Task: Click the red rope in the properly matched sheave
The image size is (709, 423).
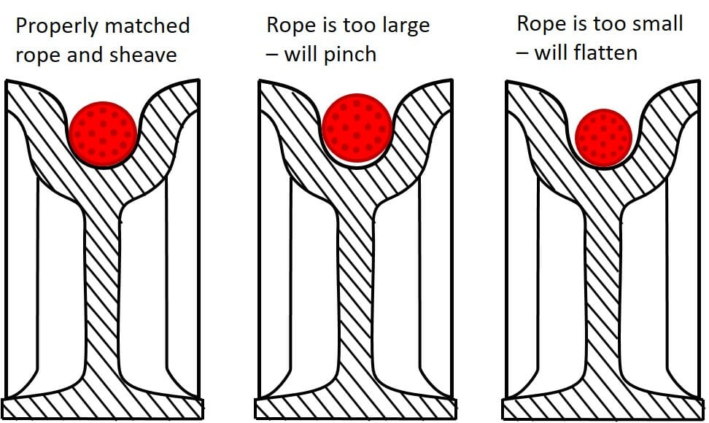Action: point(103,135)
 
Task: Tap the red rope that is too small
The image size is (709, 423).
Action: point(603,137)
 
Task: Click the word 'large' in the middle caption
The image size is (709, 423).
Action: point(400,26)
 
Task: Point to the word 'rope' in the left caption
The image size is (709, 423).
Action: point(37,55)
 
